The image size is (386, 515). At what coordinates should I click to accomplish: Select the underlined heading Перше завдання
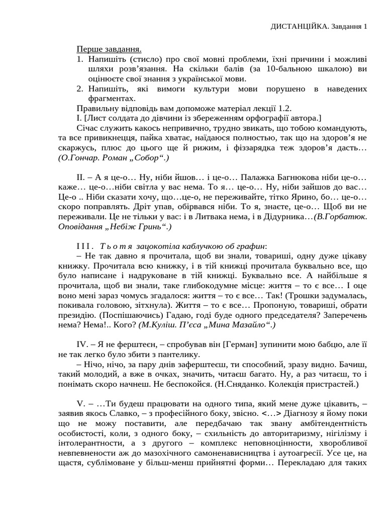click(x=109, y=49)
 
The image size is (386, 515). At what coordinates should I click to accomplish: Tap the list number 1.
click(x=79, y=59)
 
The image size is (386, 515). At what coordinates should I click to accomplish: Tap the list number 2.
click(x=79, y=89)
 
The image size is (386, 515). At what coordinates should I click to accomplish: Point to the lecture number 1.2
click(x=284, y=108)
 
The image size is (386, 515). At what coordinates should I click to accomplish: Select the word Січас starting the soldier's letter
click(x=88, y=128)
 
